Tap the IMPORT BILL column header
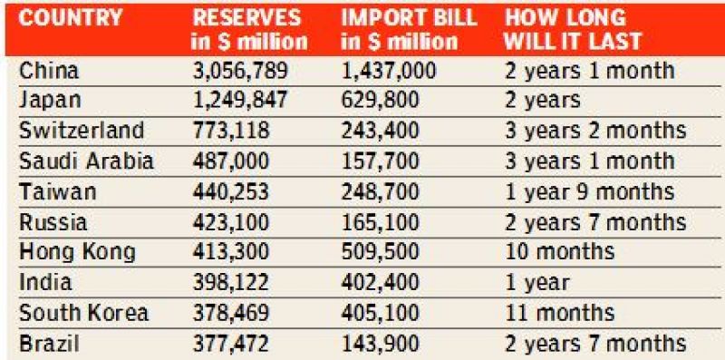[405, 30]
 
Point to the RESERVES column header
[249, 30]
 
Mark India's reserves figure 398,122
[230, 283]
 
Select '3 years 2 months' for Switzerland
[594, 131]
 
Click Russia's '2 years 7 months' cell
[594, 222]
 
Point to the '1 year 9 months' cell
[589, 192]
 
